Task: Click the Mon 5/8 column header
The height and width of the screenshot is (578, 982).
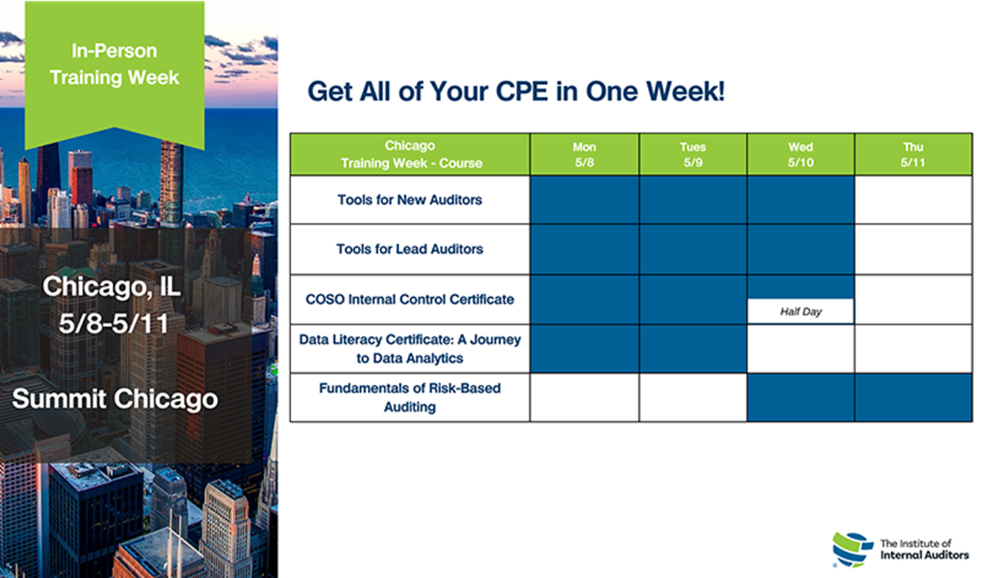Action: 584,155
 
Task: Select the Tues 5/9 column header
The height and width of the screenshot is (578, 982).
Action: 693,155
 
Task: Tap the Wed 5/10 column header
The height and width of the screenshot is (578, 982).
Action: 801,155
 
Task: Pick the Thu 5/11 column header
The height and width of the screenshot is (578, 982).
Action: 912,155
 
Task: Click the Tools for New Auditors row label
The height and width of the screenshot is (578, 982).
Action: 410,200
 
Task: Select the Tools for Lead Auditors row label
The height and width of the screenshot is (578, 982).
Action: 410,249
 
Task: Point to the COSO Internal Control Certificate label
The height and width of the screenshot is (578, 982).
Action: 410,299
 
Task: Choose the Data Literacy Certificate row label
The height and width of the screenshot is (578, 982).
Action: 410,349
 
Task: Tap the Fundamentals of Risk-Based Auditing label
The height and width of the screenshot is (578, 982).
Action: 410,397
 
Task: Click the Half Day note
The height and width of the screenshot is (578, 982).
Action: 801,311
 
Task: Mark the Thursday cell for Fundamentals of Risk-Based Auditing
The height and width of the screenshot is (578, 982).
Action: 913,397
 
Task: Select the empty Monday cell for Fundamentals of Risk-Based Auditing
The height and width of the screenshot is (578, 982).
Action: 584,397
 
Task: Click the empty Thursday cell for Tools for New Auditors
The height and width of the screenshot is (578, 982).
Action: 913,200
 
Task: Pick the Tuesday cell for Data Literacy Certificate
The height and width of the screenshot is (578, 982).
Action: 693,349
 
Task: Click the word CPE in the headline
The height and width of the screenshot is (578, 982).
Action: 522,91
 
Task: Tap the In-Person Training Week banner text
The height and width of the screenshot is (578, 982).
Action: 115,64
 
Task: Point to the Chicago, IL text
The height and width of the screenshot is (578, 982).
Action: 111,286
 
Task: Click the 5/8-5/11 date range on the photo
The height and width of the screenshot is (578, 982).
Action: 113,324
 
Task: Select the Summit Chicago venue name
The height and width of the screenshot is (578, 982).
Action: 115,399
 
